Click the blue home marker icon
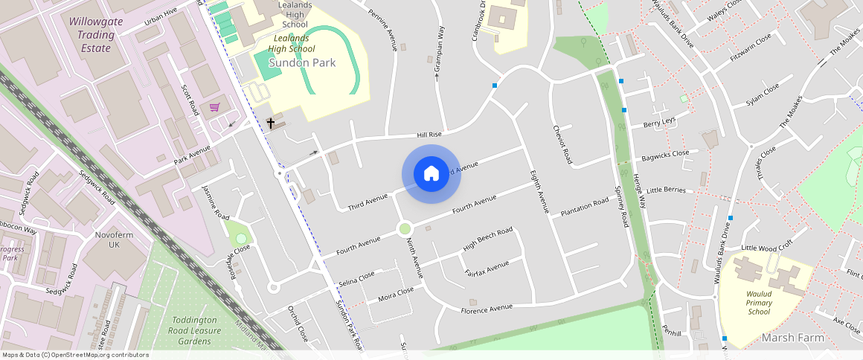coord(431,174)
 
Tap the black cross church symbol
coord(271,123)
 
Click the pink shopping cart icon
coord(215,108)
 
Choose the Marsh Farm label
coord(793,338)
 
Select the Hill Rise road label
coord(429,135)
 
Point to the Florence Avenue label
coord(487,308)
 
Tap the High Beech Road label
coord(487,239)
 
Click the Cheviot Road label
coord(562,144)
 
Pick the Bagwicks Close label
coord(665,156)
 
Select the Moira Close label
coord(396,295)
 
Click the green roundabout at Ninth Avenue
coord(405,229)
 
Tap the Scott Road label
coord(190,99)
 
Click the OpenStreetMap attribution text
coord(74,355)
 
